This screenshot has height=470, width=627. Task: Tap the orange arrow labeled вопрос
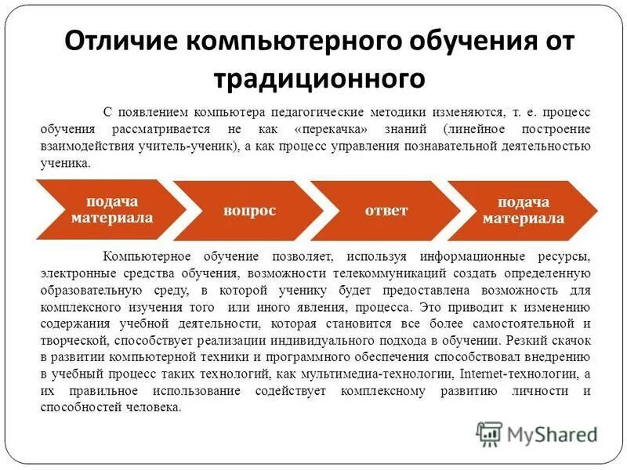248,211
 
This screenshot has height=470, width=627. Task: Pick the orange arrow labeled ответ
386,211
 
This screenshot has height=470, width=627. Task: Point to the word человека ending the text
157,407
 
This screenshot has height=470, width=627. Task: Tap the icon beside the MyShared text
489,434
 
